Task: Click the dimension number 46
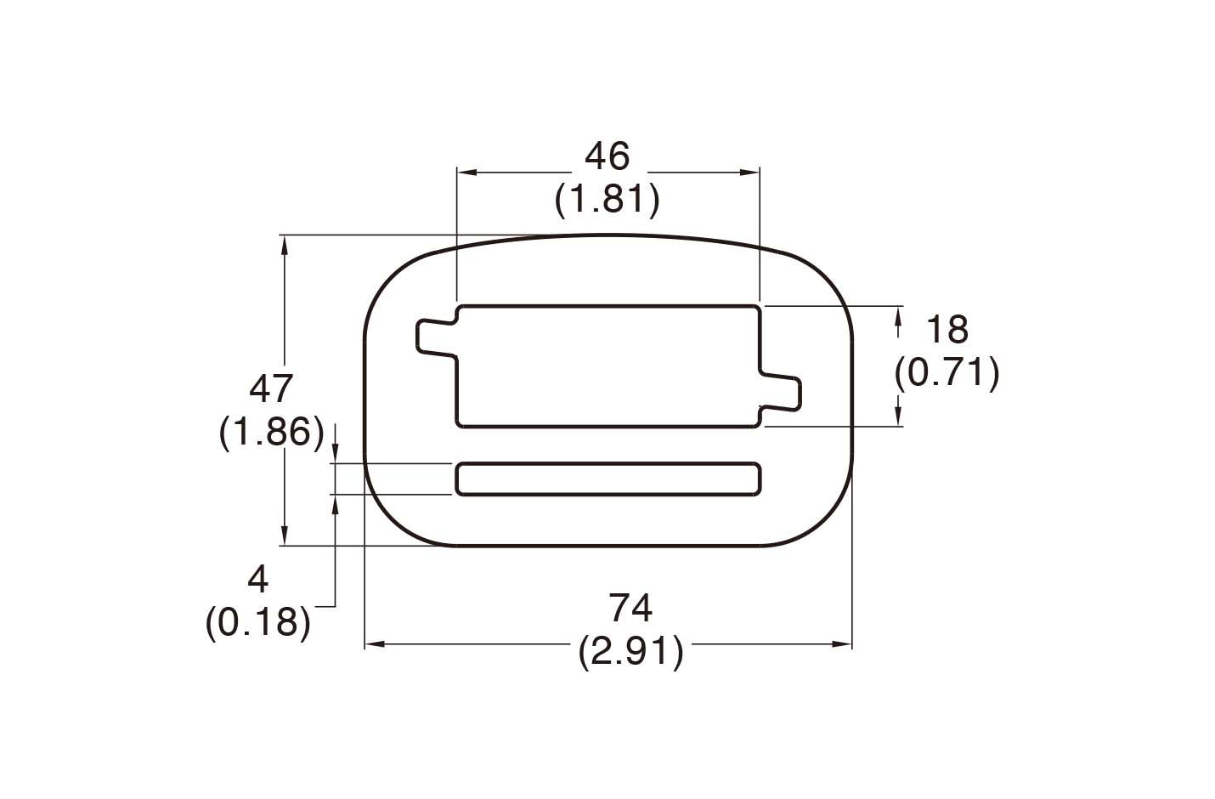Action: tap(607, 156)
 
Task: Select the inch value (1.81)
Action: tap(607, 200)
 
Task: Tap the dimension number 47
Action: tap(271, 389)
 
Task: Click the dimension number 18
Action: tap(947, 329)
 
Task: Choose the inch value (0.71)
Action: tap(947, 373)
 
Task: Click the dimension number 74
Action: tap(630, 609)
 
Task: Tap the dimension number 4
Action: tap(257, 580)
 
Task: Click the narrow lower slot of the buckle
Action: tap(607, 479)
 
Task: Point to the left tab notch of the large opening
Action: tap(435, 337)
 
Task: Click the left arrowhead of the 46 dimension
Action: tap(466, 173)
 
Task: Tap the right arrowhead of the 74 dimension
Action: tap(843, 645)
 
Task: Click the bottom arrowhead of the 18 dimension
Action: tap(899, 416)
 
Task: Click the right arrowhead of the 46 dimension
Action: tap(750, 173)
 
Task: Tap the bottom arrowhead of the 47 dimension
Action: tap(285, 537)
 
